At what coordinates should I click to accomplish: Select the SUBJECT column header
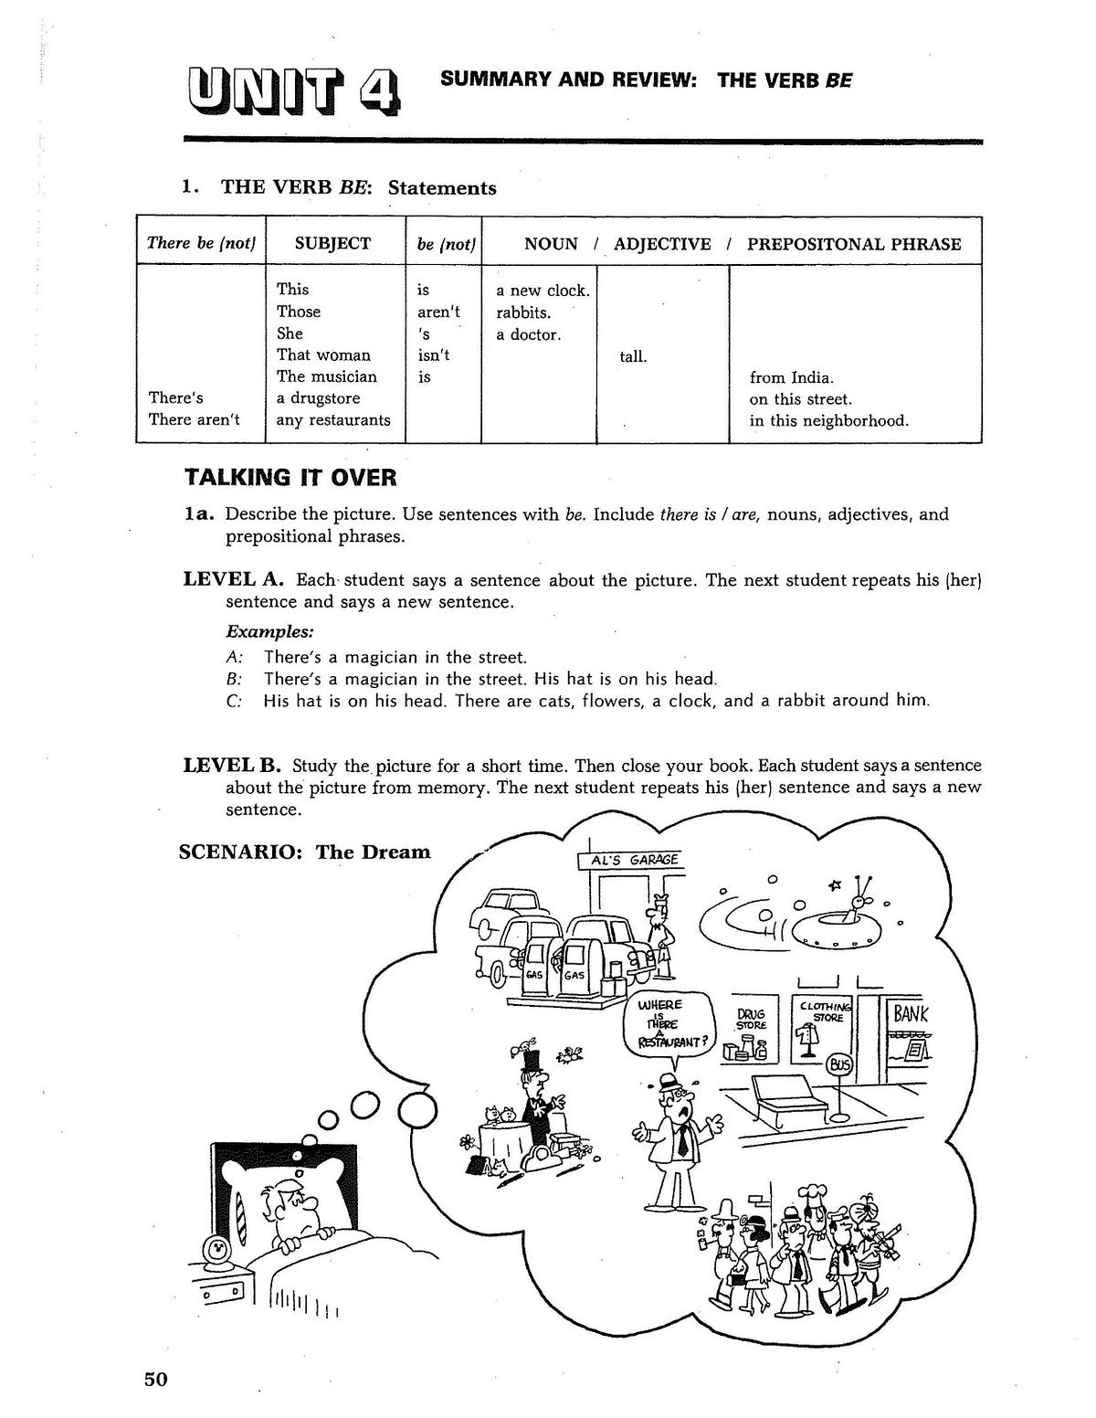[332, 243]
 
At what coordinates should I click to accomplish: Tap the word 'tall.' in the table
[633, 356]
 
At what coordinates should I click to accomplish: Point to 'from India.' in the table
[791, 377]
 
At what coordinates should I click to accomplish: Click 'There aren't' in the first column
[194, 420]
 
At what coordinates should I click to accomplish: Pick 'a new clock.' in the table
[543, 291]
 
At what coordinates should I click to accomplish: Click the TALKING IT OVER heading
[290, 478]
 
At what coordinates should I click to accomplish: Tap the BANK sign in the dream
[910, 1013]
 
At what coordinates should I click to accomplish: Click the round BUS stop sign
[838, 1063]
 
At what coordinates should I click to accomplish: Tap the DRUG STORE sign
[751, 1019]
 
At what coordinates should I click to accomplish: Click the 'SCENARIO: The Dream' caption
[304, 852]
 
